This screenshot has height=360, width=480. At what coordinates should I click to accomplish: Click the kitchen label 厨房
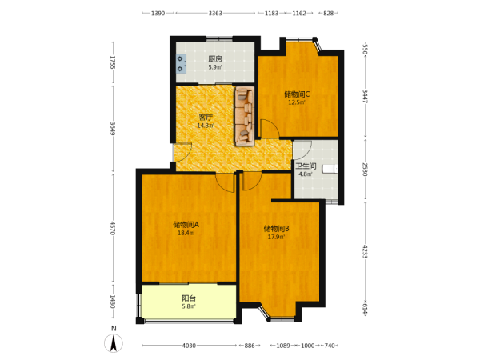point(215,59)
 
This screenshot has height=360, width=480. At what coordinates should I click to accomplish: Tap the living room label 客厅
point(206,118)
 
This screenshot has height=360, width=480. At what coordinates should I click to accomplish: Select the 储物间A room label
point(186,225)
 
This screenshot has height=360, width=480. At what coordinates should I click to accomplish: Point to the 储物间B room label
point(277,229)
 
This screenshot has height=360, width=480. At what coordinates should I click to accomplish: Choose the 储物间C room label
point(297,94)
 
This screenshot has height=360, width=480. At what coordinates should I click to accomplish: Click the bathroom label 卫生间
point(306,166)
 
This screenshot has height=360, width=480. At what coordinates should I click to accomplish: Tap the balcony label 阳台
point(189,298)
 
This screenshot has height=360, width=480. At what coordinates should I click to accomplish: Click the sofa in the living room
point(245,116)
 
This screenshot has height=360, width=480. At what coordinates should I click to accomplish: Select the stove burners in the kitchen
point(181,64)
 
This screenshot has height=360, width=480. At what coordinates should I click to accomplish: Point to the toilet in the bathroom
point(330,169)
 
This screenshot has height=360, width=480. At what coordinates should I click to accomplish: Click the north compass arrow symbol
point(114,343)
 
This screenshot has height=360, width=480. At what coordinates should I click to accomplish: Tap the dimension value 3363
point(215,13)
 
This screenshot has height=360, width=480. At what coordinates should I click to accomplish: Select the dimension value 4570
point(113,228)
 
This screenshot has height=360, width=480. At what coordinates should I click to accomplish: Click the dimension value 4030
point(189,346)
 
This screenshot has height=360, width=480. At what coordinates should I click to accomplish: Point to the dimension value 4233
point(365,251)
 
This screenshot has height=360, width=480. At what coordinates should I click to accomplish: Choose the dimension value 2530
point(365,170)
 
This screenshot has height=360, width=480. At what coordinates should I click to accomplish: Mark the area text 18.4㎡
point(186,233)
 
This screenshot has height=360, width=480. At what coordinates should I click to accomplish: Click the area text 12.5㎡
point(297,102)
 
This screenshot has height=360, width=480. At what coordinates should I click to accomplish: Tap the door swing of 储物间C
point(270,129)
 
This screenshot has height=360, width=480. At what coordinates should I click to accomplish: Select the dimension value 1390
point(158,13)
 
